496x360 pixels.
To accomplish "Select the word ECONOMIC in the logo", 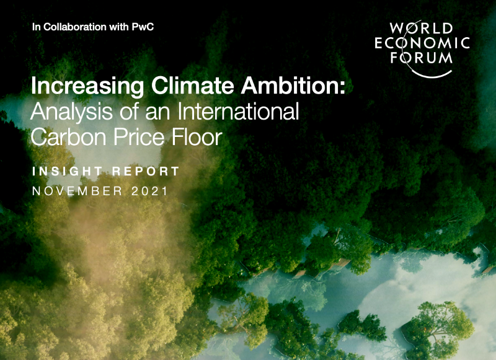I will click(422, 44).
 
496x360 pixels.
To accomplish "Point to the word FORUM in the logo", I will click(422, 58).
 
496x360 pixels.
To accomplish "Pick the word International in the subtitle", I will click(238, 113).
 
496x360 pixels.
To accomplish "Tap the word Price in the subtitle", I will click(140, 137).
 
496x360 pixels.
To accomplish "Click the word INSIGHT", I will click(68, 171).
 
